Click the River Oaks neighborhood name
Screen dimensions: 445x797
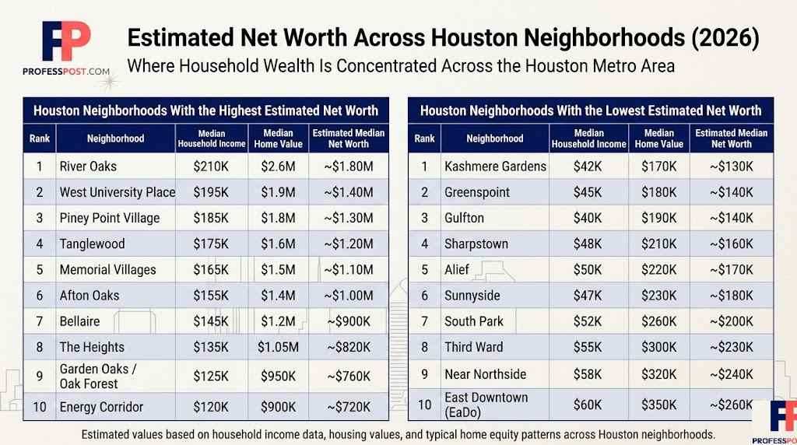90,166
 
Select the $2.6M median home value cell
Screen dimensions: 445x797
279,166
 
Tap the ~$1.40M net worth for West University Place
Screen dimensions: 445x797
349,192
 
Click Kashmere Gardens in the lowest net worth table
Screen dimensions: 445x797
495,166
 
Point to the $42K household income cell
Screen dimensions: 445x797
588,166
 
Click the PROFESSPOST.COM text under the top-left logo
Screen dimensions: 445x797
65,71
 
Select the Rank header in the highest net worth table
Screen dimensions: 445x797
39,138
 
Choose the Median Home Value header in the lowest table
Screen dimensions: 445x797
659,138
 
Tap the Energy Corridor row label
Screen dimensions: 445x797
101,407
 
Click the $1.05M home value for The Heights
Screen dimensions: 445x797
279,347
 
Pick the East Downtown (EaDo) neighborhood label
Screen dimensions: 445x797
486,405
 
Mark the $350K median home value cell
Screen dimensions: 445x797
659,405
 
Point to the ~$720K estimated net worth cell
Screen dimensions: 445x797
349,407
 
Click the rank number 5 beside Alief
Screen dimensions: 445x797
424,270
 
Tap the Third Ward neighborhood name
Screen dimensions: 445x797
473,347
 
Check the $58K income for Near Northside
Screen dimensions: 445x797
588,374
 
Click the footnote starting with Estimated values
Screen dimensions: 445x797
398,433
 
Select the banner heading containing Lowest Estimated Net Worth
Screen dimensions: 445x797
591,110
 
